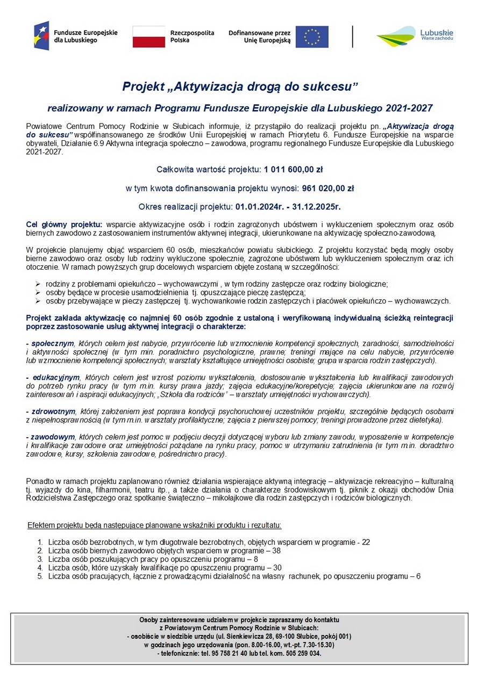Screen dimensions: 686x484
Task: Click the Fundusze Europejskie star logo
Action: tap(41, 36)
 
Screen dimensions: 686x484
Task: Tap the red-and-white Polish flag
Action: tap(148, 37)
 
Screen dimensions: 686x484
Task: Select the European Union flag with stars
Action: tap(312, 37)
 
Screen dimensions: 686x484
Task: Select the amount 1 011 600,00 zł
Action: tap(293, 170)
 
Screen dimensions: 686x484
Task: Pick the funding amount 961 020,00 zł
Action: tap(328, 188)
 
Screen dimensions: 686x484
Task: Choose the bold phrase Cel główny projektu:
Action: tap(64, 224)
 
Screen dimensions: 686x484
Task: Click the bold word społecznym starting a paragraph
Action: tap(52, 343)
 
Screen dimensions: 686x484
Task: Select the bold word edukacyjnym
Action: tap(56, 378)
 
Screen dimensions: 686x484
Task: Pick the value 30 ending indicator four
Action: tap(277, 567)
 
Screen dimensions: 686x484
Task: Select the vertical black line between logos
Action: tap(353, 37)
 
